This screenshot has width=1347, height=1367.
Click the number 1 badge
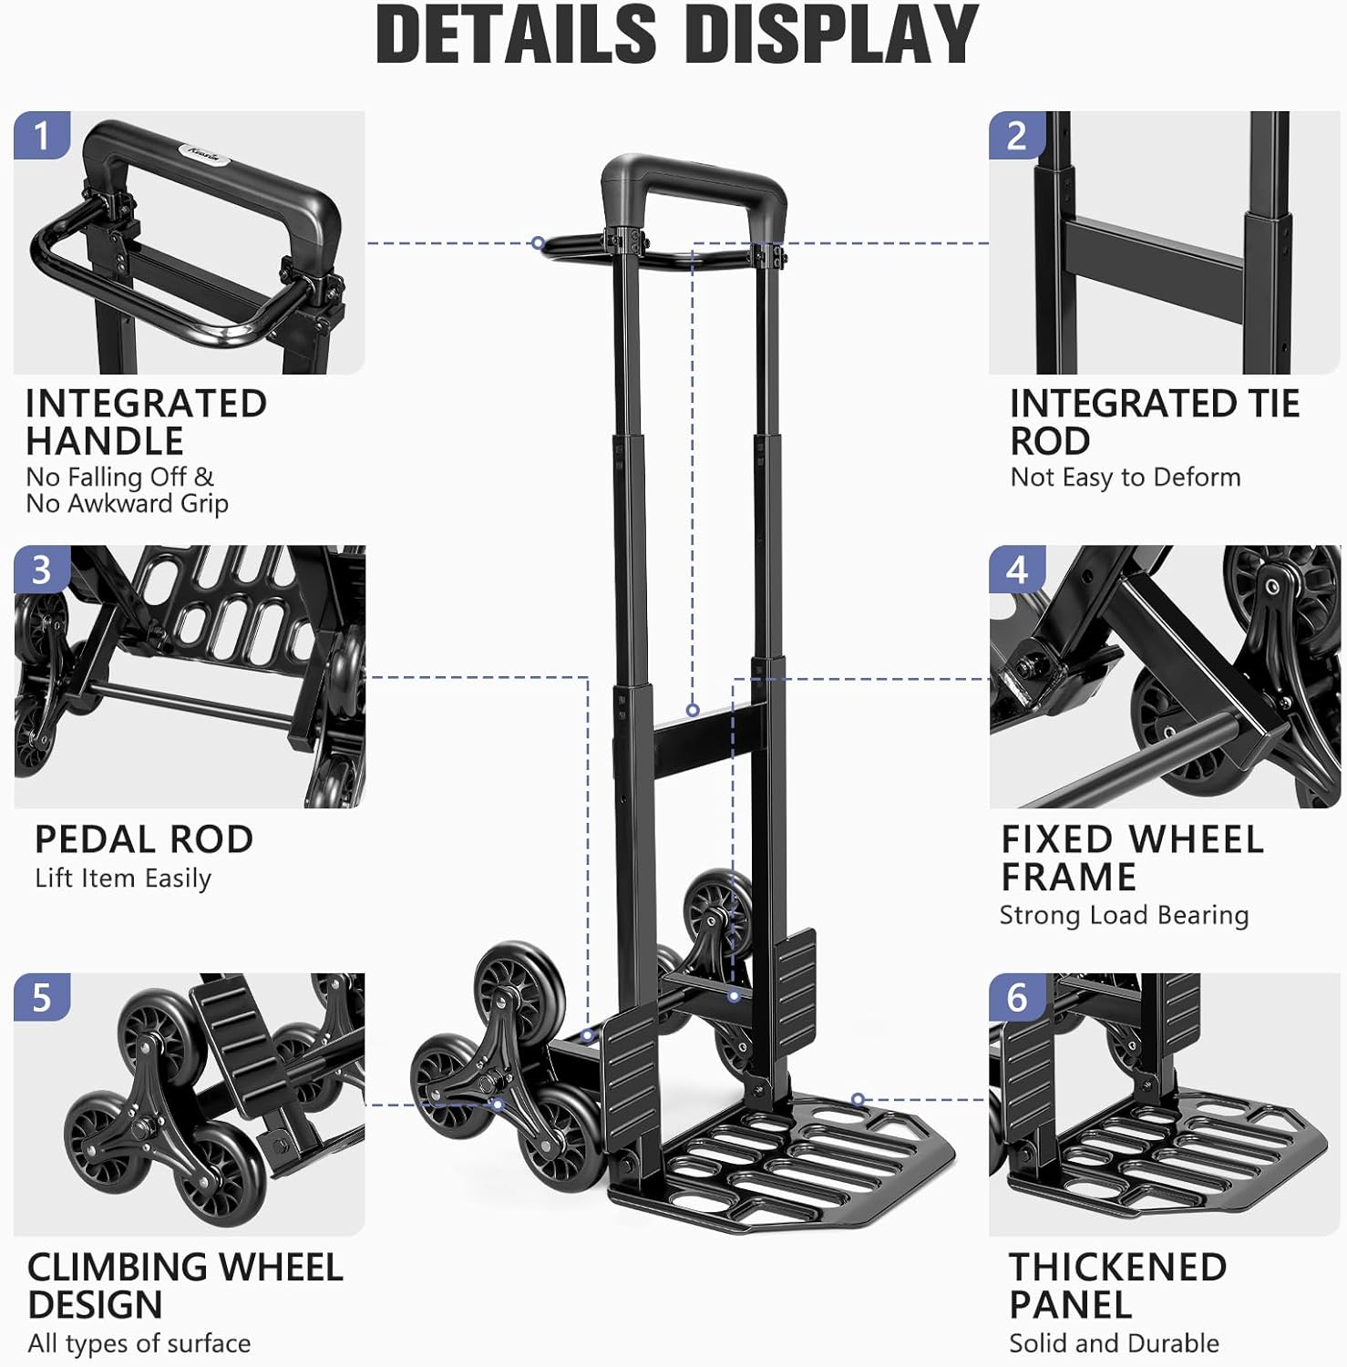pyautogui.click(x=41, y=136)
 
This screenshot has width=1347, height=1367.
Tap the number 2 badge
pyautogui.click(x=1017, y=136)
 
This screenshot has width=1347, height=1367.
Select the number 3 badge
pyautogui.click(x=41, y=570)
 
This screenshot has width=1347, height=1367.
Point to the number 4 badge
pyautogui.click(x=1017, y=570)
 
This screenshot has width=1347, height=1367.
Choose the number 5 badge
pyautogui.click(x=41, y=998)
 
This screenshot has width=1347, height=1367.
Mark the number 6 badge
pyautogui.click(x=1017, y=998)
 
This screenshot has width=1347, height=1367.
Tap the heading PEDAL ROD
pyautogui.click(x=144, y=839)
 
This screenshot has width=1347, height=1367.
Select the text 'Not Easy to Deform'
pyautogui.click(x=1126, y=478)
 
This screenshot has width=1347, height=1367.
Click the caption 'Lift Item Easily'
pyautogui.click(x=123, y=879)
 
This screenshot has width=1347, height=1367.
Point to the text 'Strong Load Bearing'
pyautogui.click(x=1124, y=915)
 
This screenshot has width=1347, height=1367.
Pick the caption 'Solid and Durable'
pyautogui.click(x=1114, y=1343)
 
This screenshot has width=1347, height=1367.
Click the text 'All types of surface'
pyautogui.click(x=139, y=1343)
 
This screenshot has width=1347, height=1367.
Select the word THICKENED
pyautogui.click(x=1117, y=1268)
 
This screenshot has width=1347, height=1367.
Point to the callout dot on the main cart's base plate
pyautogui.click(x=858, y=1100)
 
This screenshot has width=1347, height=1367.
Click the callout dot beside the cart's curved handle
pyautogui.click(x=539, y=243)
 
